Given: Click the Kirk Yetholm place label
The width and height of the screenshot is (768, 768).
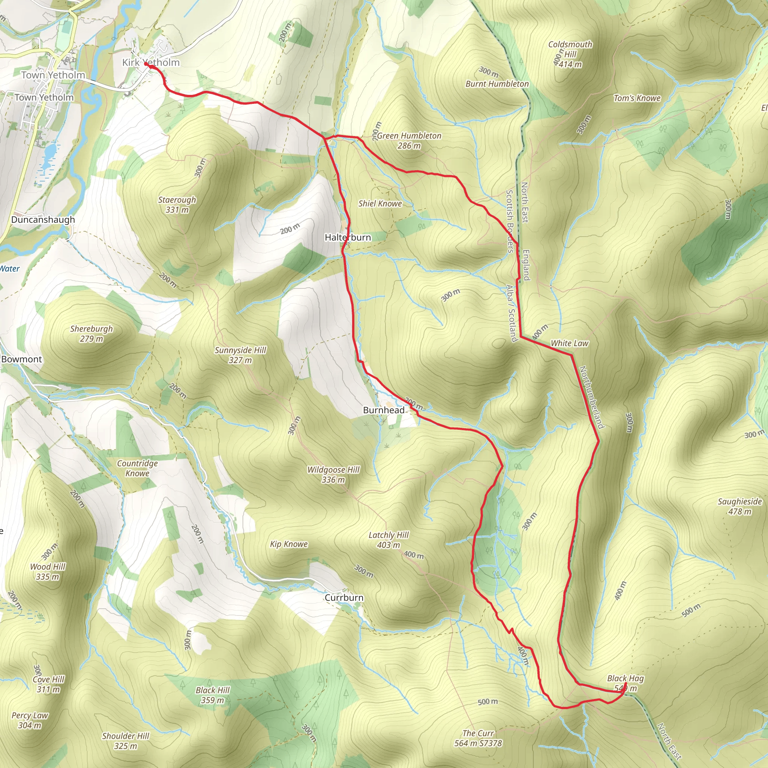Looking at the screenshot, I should (x=151, y=62).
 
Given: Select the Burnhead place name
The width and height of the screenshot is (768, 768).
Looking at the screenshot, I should (x=384, y=410).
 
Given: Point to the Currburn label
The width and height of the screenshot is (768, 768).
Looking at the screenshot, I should (x=344, y=598).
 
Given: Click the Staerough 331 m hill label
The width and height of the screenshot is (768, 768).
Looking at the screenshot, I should (x=177, y=205).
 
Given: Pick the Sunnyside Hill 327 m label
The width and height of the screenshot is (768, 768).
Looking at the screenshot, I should (x=240, y=355).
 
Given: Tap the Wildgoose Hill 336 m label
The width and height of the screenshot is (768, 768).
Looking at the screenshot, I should (x=333, y=475).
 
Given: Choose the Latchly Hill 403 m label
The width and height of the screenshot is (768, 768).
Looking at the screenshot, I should (x=388, y=540).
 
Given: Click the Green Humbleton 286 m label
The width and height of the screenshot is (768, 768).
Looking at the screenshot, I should (x=409, y=140).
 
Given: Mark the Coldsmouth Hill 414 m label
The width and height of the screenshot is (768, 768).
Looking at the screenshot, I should (x=570, y=54).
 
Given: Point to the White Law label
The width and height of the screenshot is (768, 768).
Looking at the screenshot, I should (x=569, y=343).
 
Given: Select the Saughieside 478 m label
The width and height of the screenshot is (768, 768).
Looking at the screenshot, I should (x=739, y=506).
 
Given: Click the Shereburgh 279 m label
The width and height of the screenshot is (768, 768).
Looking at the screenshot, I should (x=91, y=333).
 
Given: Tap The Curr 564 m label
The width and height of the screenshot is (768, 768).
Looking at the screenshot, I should (x=478, y=738).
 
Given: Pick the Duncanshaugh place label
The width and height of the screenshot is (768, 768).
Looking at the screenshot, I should (x=43, y=220).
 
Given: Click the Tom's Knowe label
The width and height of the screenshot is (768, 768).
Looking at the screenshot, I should (x=637, y=98).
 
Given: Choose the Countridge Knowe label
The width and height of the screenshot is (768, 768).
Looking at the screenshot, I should (x=137, y=468).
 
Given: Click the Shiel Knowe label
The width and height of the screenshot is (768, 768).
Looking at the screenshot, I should (x=380, y=204).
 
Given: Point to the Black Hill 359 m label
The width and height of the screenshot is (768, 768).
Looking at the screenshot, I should (x=212, y=695).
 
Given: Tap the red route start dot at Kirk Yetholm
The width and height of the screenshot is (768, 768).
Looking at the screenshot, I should (x=146, y=64).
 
